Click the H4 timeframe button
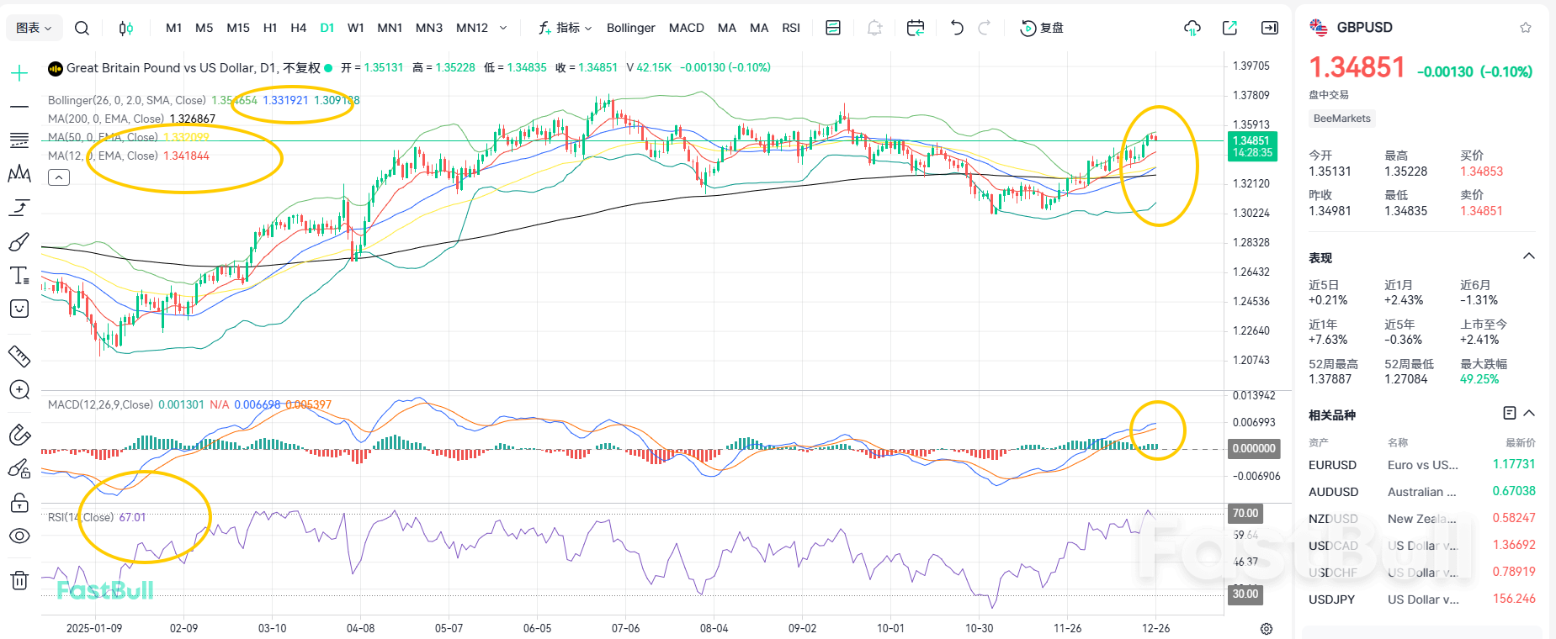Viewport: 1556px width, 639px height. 298,28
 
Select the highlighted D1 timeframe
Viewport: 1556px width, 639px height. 327,28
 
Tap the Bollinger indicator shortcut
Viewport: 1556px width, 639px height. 630,28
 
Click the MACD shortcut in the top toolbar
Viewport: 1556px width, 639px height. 686,28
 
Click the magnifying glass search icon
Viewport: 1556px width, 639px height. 82,28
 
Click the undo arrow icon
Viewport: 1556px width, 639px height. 957,28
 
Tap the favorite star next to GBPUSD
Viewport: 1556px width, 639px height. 1526,28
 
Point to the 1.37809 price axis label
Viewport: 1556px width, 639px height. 1251,95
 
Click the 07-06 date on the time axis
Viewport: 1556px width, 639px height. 625,628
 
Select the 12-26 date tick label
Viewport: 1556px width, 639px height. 1155,628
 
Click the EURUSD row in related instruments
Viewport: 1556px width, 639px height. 1332,465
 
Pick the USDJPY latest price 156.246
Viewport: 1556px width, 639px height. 1513,599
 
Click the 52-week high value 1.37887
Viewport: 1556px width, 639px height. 1330,379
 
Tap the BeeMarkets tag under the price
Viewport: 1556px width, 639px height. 1341,119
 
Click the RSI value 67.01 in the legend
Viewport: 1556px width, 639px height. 132,517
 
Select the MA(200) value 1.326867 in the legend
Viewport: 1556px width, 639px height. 193,119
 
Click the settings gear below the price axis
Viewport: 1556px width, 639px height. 1267,629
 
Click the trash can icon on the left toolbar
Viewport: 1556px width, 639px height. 19,580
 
